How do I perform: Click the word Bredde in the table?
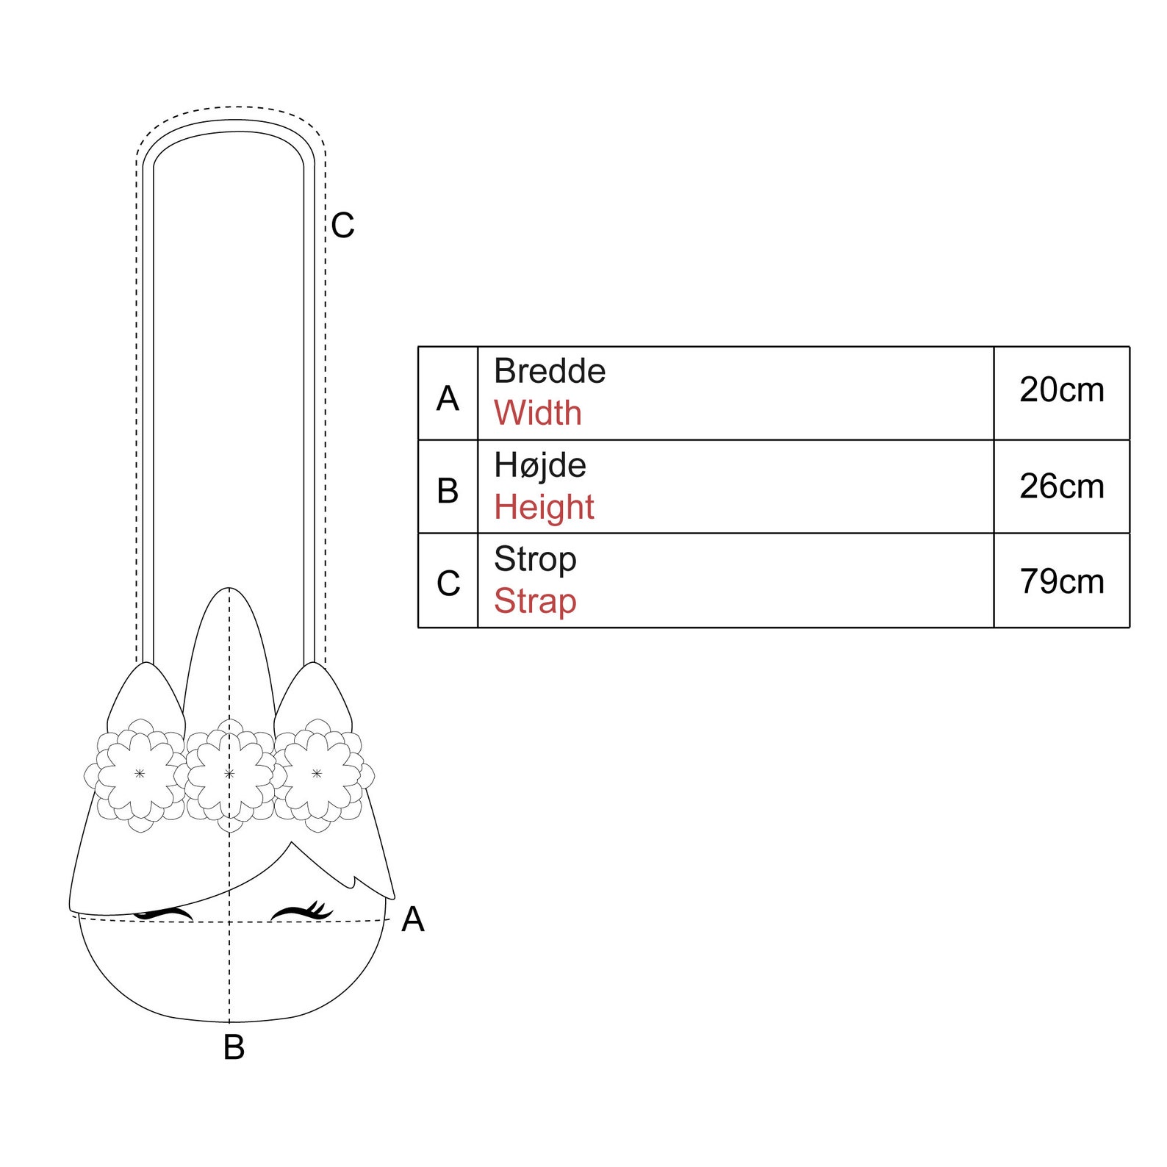(x=550, y=371)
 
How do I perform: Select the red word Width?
(x=538, y=413)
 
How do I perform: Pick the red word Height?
(x=544, y=508)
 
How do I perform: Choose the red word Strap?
(x=535, y=602)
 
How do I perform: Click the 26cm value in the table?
(x=1062, y=486)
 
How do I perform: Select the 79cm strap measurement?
(x=1062, y=582)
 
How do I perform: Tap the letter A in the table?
(x=448, y=399)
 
